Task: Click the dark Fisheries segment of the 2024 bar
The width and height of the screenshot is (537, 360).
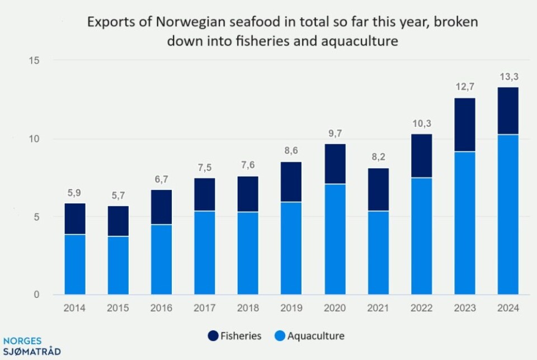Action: coord(507,111)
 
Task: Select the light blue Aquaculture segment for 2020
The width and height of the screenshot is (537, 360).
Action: coord(335,239)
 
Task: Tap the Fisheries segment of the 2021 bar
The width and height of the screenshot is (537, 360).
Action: coord(378,190)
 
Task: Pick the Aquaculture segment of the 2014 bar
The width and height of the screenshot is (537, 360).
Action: coord(75,264)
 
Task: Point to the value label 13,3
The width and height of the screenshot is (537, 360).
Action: coord(507,77)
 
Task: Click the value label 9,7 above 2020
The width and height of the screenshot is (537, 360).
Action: coord(335,134)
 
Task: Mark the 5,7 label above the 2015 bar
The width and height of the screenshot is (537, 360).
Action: coord(118,196)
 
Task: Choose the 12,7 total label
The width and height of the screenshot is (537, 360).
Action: coord(464,88)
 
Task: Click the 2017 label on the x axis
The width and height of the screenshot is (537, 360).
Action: coord(204,308)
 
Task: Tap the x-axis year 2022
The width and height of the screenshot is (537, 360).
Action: coord(421,308)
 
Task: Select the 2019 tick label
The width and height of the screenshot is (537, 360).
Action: coord(291,308)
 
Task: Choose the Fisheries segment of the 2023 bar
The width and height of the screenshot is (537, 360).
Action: coord(464,125)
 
